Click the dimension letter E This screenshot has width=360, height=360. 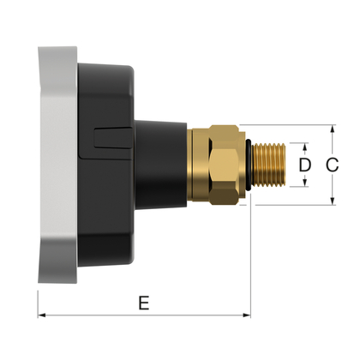(x=143, y=303)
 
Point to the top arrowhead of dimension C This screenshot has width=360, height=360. (x=333, y=128)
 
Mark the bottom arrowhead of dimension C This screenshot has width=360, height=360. (x=333, y=202)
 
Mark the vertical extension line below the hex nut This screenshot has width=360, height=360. (x=249, y=257)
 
